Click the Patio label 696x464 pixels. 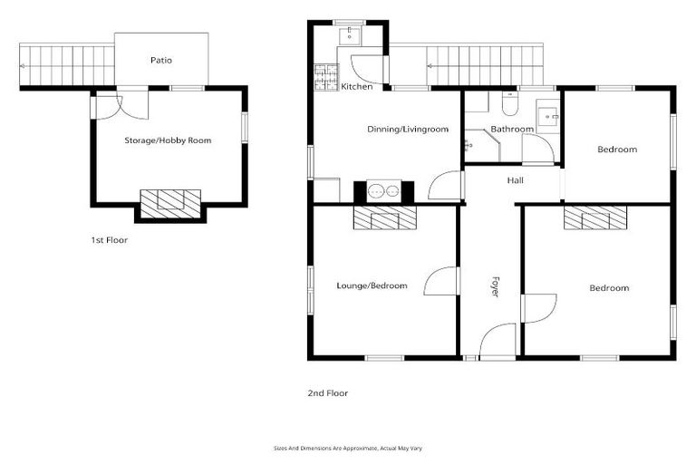[x=161, y=61]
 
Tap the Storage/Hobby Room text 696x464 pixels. [x=168, y=141]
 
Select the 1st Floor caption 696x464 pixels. [x=110, y=240]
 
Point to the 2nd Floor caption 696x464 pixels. [x=328, y=393]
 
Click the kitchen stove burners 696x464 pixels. [x=324, y=78]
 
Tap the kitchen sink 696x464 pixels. [x=350, y=35]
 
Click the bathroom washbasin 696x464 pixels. [x=548, y=116]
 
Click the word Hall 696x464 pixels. [x=515, y=181]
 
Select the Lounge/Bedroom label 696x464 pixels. [x=372, y=285]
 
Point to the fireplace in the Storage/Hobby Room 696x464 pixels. [x=170, y=199]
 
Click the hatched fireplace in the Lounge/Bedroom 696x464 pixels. [x=383, y=217]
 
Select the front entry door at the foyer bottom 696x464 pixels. [x=498, y=343]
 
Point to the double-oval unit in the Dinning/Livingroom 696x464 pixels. [x=383, y=191]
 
